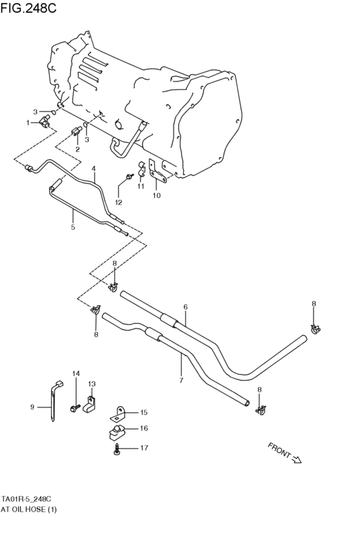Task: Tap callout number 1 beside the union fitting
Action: click(x=28, y=122)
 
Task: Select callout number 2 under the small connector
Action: click(x=77, y=149)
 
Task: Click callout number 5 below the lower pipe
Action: click(x=73, y=227)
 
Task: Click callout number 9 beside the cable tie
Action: click(x=32, y=406)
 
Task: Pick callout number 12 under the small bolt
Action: click(x=118, y=202)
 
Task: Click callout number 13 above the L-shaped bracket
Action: click(x=91, y=384)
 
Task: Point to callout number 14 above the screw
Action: click(x=75, y=373)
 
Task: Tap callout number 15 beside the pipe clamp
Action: click(x=143, y=412)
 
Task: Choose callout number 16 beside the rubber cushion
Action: click(x=143, y=428)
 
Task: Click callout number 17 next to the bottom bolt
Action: click(x=143, y=448)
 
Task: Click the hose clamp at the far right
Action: click(x=316, y=330)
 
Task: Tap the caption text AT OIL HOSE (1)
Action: click(x=29, y=510)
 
